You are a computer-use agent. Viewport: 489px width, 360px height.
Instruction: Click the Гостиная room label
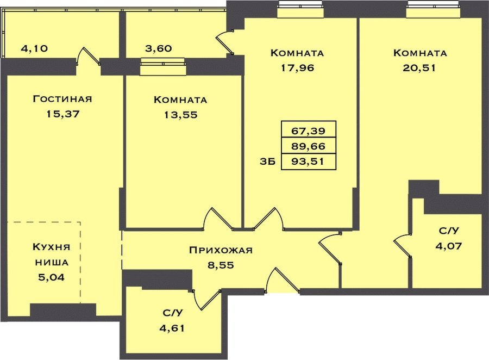(x=62, y=99)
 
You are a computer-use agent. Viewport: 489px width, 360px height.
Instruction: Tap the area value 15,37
(x=63, y=114)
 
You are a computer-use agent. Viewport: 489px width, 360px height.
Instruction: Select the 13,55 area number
(x=181, y=115)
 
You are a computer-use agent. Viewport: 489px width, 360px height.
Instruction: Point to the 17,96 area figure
(x=297, y=68)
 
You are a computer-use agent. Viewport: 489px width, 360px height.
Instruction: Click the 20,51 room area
(x=419, y=68)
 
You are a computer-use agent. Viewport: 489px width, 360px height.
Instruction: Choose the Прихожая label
(x=221, y=250)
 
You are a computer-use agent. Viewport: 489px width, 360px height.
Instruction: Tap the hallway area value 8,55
(x=221, y=265)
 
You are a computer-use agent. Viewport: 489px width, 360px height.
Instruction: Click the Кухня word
(x=52, y=247)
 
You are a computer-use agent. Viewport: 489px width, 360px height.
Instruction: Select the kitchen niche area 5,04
(x=52, y=277)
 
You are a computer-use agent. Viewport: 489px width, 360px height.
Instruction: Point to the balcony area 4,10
(x=34, y=49)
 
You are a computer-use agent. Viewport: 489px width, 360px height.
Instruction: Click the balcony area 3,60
(x=159, y=49)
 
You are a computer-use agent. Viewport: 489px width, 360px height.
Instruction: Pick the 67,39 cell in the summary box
(x=309, y=131)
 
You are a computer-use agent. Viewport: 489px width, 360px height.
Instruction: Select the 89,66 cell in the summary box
(x=309, y=146)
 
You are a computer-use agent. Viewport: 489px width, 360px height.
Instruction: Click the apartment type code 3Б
(x=267, y=162)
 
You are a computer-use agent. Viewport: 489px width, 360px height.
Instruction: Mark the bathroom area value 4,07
(x=449, y=246)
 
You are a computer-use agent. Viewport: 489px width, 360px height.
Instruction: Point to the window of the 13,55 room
(x=163, y=66)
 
